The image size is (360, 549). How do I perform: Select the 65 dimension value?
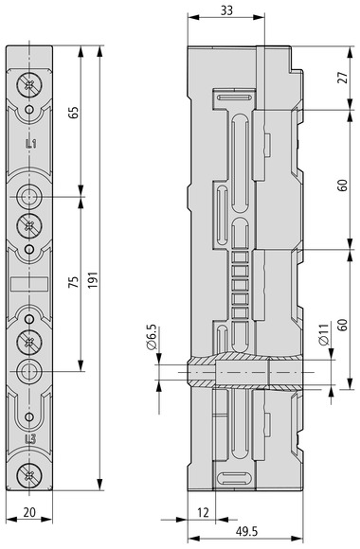click(x=74, y=113)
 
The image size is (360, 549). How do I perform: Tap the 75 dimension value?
click(x=73, y=282)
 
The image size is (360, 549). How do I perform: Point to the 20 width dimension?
click(x=29, y=512)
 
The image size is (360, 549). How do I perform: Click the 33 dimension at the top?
click(x=226, y=10)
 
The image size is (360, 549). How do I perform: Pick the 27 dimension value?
click(x=343, y=77)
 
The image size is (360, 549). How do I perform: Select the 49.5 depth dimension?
click(x=246, y=532)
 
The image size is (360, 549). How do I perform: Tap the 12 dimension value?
click(x=203, y=513)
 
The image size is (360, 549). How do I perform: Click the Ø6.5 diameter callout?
click(x=152, y=337)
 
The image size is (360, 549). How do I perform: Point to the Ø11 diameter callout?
click(x=324, y=335)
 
